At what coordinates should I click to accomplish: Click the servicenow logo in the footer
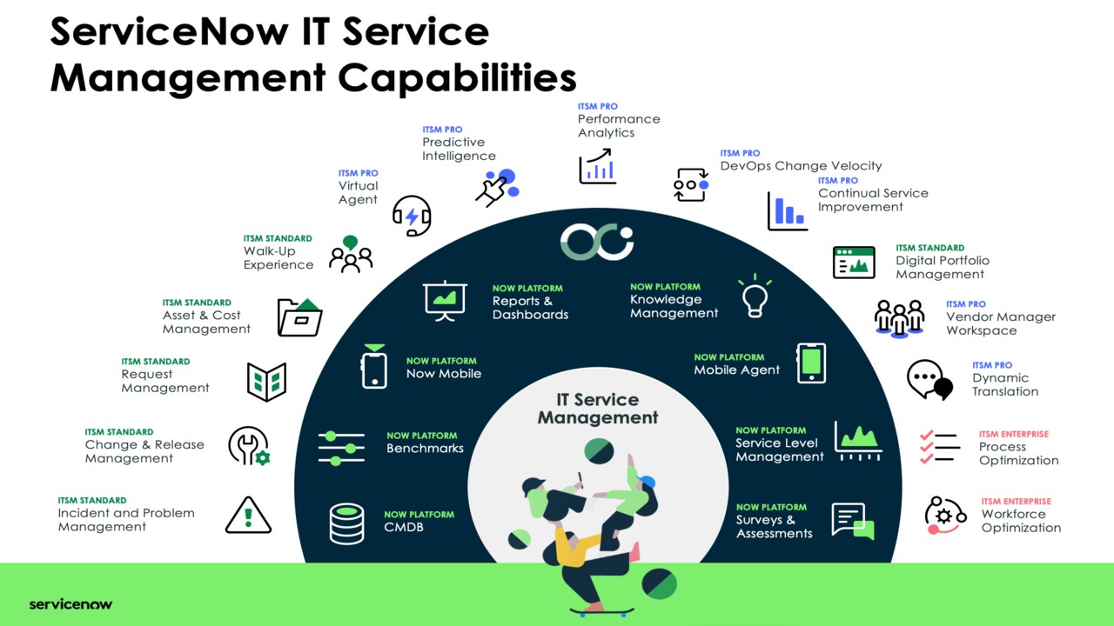[70, 604]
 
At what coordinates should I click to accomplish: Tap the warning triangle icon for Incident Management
[248, 516]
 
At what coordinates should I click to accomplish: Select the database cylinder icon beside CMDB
[346, 523]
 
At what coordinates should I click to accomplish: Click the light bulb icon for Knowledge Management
[755, 296]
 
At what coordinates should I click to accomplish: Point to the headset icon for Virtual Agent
[412, 216]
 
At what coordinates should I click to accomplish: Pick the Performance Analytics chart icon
[597, 166]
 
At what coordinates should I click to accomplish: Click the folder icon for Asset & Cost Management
[299, 317]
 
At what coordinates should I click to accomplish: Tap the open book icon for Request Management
[266, 382]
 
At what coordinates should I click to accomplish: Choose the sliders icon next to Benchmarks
[341, 449]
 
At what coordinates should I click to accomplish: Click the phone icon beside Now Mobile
[374, 367]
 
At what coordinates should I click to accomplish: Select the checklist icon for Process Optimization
[939, 447]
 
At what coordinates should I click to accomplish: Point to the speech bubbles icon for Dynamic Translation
[929, 380]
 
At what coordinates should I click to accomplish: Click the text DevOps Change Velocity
[801, 165]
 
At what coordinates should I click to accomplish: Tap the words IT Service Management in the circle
[598, 409]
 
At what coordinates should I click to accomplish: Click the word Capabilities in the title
[457, 78]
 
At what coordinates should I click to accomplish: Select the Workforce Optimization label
[1021, 521]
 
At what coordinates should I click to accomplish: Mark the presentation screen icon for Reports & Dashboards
[445, 301]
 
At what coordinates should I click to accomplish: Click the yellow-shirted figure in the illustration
[572, 547]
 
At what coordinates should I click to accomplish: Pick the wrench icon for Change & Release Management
[249, 446]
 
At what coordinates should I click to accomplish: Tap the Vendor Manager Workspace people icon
[899, 319]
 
